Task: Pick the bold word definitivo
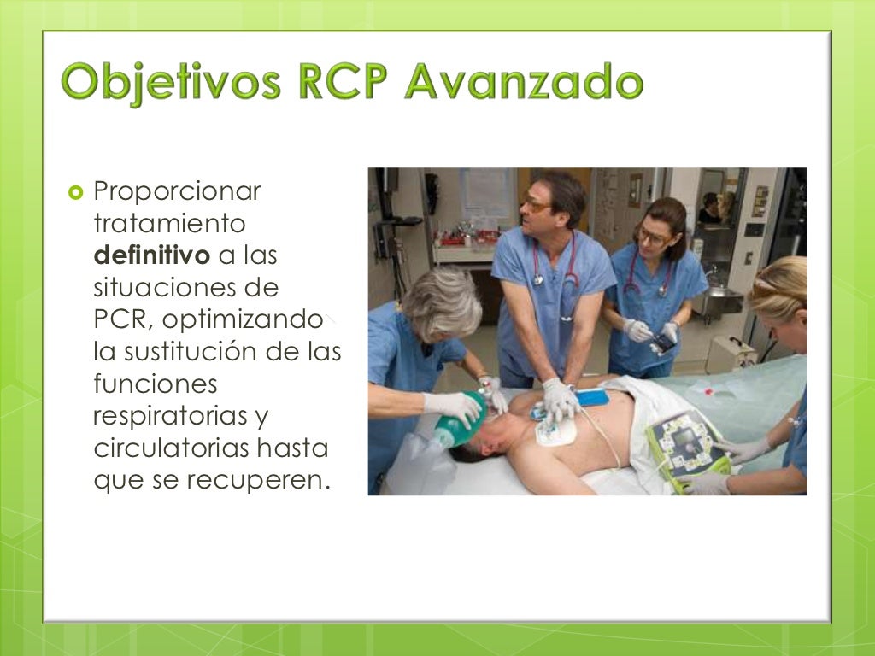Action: tap(150, 255)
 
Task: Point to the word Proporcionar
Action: tap(177, 192)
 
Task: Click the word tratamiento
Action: tap(168, 224)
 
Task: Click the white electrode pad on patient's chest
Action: tap(555, 431)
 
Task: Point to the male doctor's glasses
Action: tap(537, 206)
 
